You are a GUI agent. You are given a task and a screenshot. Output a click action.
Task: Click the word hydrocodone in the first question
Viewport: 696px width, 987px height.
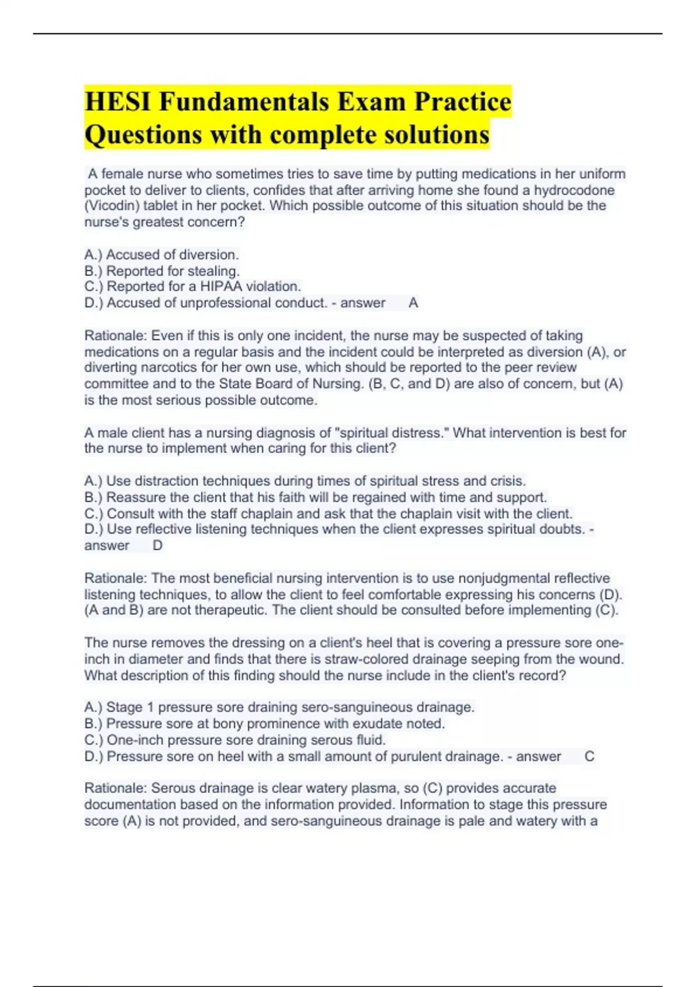[x=574, y=190]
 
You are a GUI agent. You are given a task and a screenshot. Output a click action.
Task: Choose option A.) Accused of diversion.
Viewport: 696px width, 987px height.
[x=161, y=254]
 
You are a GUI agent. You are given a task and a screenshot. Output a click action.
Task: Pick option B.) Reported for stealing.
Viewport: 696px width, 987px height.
[x=162, y=271]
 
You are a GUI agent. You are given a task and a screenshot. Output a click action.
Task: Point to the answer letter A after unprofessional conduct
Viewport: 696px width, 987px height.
[x=413, y=302]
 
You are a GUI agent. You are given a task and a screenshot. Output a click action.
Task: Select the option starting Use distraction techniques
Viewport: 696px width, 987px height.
[x=305, y=481]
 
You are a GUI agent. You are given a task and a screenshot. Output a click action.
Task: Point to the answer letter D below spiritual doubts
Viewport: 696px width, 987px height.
[x=157, y=546]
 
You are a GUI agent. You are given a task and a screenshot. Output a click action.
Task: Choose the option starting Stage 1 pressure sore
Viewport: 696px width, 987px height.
[x=279, y=707]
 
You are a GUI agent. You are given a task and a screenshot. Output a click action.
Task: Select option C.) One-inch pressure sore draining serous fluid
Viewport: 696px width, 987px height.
[x=235, y=740]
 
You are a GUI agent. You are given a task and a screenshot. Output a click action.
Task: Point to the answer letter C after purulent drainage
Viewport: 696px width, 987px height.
[x=589, y=757]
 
